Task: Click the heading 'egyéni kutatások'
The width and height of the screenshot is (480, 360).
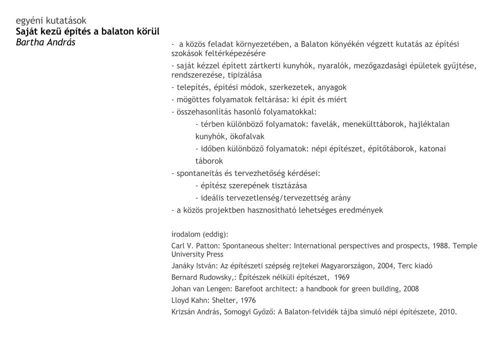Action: (x=51, y=20)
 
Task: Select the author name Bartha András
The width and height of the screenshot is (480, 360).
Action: (x=45, y=42)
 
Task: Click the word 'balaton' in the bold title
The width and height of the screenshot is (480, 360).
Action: (x=118, y=31)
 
